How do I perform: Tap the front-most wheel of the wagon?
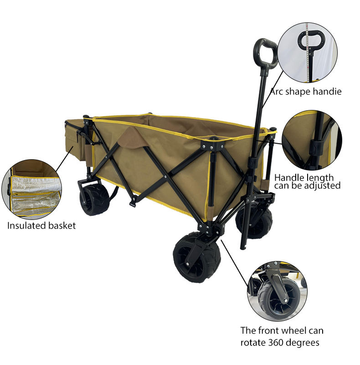coord(196,257)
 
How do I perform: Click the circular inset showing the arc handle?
coord(308,53)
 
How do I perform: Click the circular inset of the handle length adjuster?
coord(311,140)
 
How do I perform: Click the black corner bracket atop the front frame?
coord(211,146)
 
